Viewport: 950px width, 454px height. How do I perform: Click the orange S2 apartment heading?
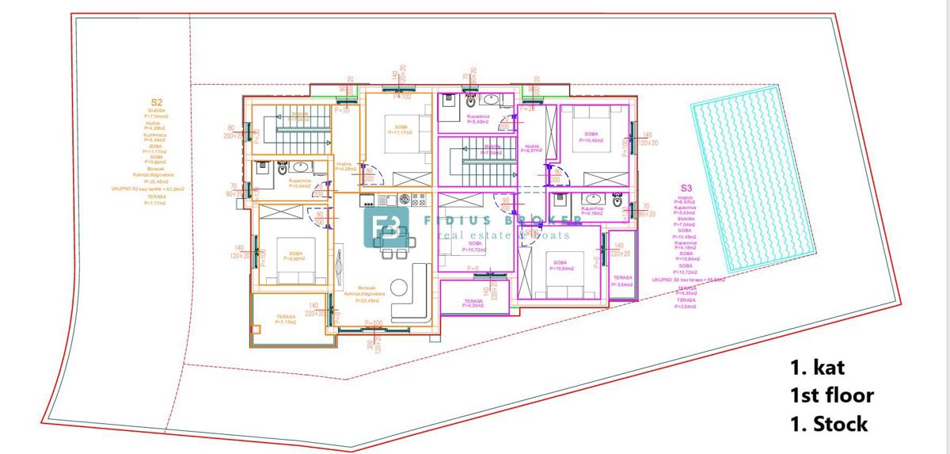pos(157,102)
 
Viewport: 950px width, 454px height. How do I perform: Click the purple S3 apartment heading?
pos(686,189)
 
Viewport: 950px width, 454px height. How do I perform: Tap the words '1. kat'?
pos(818,368)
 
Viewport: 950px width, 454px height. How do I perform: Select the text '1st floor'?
pos(831,395)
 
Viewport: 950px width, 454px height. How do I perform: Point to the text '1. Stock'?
pos(828,424)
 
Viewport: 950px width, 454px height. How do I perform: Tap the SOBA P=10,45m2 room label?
pos(592,137)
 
